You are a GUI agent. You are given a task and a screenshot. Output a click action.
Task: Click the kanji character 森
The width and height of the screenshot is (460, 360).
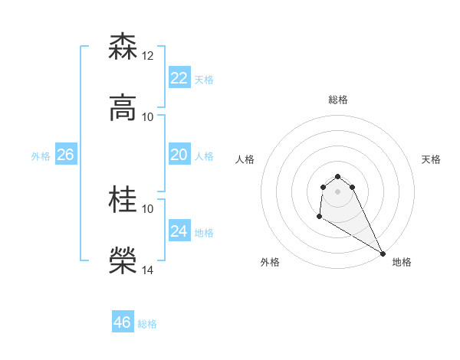[x=123, y=47]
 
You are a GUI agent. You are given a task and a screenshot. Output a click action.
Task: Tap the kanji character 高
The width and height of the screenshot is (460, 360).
[x=123, y=108]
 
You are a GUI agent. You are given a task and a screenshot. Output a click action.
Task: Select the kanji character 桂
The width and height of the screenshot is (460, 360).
[x=123, y=200]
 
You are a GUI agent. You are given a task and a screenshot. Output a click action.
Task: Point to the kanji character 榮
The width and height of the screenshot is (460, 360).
[x=123, y=261]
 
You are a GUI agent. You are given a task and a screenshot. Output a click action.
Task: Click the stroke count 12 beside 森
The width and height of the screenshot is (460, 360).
[x=148, y=56]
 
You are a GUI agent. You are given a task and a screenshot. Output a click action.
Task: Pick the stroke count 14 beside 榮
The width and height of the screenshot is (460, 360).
[x=148, y=270]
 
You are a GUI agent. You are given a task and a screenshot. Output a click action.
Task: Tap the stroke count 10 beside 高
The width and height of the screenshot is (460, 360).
[x=148, y=117]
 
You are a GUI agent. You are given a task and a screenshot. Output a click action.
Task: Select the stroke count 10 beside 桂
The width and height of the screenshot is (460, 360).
[x=148, y=208]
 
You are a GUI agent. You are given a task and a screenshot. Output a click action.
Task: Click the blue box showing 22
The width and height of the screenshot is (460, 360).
[x=179, y=78]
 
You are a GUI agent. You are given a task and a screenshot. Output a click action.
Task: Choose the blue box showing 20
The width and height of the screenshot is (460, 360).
[x=179, y=155]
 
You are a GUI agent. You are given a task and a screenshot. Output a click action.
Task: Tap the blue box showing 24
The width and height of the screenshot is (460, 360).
[x=179, y=231]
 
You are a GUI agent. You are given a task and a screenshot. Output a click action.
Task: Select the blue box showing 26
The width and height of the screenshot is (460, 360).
[x=65, y=155]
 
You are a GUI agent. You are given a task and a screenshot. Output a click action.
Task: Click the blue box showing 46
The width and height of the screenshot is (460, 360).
[x=123, y=322]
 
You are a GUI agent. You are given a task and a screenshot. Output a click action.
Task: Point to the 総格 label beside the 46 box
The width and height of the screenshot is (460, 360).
[x=147, y=324]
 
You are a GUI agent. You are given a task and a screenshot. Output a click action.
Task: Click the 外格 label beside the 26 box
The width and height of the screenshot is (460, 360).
[x=41, y=156]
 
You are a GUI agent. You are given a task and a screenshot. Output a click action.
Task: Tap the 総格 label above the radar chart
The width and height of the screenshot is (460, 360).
[x=337, y=100]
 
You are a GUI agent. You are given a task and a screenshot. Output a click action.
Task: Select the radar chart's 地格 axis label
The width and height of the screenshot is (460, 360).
[x=402, y=262]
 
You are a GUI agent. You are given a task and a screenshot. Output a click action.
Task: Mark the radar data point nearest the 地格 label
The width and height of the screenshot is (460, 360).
[x=383, y=254]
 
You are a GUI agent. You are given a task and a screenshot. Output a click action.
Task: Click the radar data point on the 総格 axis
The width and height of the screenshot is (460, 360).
[x=337, y=173]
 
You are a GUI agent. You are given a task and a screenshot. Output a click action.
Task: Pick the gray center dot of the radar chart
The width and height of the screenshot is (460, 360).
[x=337, y=191]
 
